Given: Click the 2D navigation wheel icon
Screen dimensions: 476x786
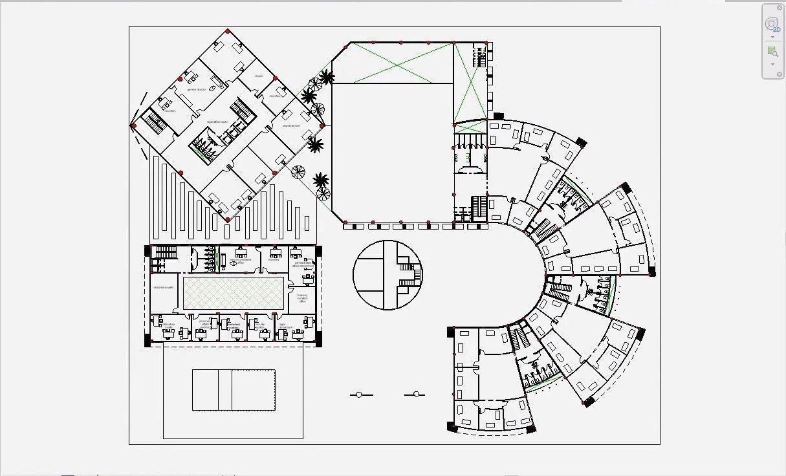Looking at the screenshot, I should (772, 25).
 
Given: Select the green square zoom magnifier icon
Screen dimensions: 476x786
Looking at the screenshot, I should (772, 51).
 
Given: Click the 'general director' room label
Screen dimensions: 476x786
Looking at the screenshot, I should (196, 89).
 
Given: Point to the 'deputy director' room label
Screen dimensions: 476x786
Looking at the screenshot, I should (291, 126).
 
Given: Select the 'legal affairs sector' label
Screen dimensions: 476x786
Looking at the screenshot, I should (222, 122).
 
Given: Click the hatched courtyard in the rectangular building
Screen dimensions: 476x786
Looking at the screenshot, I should (233, 293).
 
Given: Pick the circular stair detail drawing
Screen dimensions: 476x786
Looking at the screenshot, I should (388, 275).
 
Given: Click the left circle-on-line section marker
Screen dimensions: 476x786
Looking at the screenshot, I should (360, 395).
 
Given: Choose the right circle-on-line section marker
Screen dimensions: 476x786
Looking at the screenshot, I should (416, 394).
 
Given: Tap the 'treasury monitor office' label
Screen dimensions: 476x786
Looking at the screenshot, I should (302, 297).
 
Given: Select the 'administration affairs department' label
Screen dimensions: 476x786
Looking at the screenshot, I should (303, 265).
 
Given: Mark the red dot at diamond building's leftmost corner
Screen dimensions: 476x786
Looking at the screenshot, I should (133, 125).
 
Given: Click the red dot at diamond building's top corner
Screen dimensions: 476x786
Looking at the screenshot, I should (227, 30).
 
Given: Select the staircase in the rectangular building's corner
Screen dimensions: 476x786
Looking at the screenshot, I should (166, 252).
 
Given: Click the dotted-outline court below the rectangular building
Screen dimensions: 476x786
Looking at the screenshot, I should (234, 390).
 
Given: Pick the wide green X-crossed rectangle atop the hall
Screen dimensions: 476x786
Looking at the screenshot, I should (393, 63).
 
